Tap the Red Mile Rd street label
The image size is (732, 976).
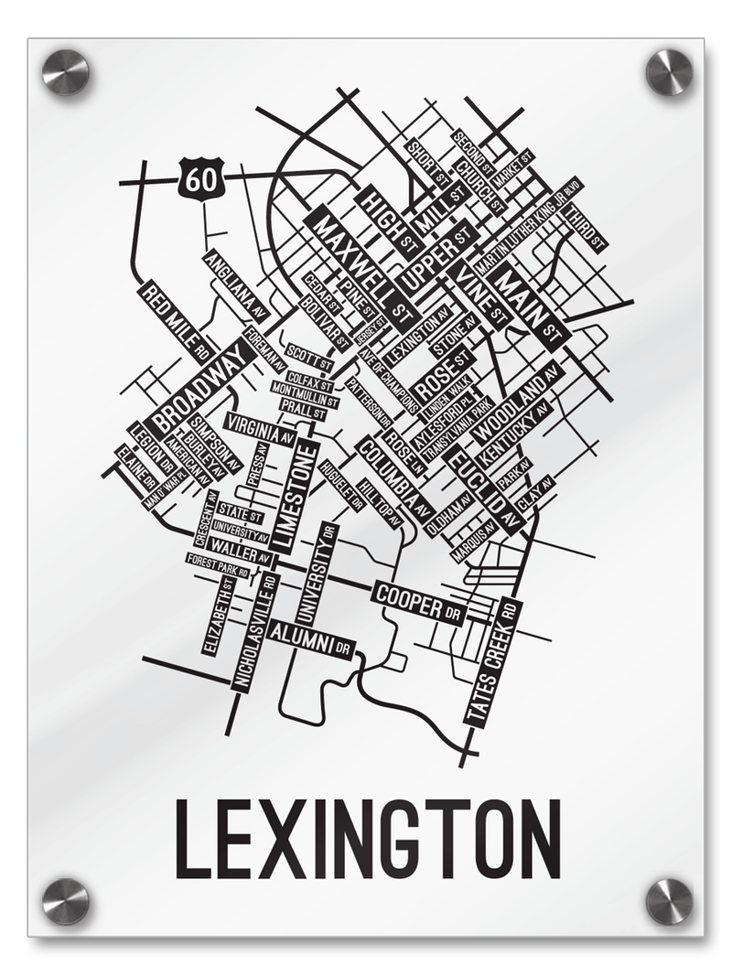coord(178,319)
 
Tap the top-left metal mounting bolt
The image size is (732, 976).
coord(66,72)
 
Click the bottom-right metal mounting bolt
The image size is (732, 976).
coord(669,901)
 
